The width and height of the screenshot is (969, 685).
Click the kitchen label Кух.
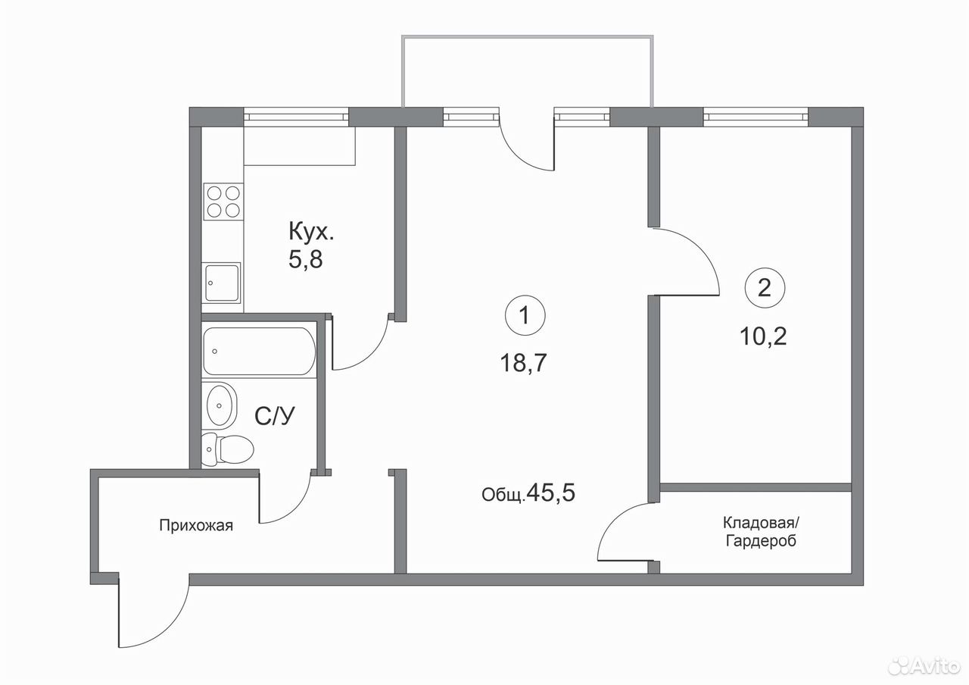pos(311,232)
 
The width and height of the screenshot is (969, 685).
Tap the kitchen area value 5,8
pos(306,260)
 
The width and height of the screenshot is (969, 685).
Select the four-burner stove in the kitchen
pos(223,201)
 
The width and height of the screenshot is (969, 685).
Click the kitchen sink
pos(222,283)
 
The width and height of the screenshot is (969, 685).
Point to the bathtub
pos(260,351)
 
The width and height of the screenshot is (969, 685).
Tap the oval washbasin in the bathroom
pos(221,405)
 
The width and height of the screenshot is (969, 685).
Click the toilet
pos(228,449)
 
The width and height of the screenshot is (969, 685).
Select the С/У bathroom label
pos(275,417)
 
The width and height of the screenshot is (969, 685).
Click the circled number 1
pos(525,316)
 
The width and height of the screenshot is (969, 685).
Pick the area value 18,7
pos(524,363)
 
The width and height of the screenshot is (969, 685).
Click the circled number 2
pos(765,287)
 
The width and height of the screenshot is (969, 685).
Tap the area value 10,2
pos(763,336)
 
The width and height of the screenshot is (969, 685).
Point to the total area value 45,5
pos(552,493)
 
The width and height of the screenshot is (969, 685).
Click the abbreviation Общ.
pos(503,495)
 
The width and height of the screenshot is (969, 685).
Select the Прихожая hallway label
pos(196,525)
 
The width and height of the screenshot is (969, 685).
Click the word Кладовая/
pos(762,523)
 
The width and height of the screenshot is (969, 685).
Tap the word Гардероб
pos(761,541)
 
